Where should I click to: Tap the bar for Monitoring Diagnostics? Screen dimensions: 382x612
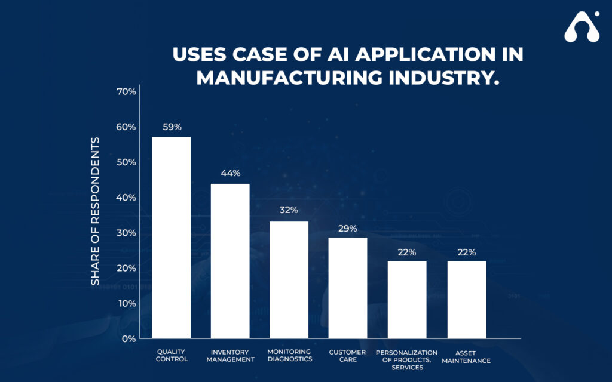289,280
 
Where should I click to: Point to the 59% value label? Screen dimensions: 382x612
172,127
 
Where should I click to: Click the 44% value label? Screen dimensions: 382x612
230,173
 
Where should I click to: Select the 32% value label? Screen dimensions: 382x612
289,210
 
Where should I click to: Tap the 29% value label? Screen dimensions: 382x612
348,229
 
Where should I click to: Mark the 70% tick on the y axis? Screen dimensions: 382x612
126,91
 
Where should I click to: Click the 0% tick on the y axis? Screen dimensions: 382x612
128,338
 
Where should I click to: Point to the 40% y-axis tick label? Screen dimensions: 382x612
126,197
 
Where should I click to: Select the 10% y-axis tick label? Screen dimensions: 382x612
126,303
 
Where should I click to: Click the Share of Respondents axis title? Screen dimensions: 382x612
95,211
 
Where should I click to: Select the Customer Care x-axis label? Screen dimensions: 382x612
348,356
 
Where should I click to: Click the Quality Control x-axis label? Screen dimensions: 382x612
172,355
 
